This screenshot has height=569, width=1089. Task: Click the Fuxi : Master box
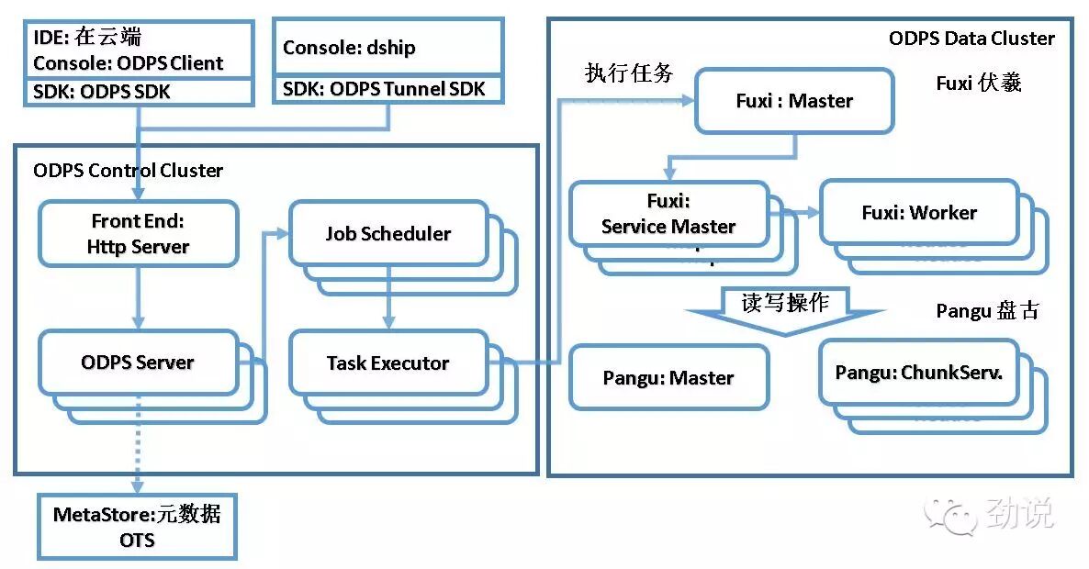pos(794,101)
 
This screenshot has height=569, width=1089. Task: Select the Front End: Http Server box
pos(138,234)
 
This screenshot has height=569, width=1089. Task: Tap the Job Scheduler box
pos(387,234)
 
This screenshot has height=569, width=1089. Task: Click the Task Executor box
pos(387,363)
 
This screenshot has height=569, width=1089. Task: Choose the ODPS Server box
pos(138,363)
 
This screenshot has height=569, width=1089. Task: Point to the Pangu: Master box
pos(668,377)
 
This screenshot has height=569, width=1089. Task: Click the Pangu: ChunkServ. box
pos(919,373)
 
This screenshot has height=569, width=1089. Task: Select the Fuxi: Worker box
pos(919,213)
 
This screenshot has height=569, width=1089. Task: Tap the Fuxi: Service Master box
pos(668,215)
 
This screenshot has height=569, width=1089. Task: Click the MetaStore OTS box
pos(137,527)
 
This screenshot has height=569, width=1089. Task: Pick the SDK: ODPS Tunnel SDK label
pos(389,89)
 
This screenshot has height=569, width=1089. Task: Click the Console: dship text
pos(349,48)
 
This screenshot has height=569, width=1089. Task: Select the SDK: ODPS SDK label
pos(102,92)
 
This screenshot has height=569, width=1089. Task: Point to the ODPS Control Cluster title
pos(128,171)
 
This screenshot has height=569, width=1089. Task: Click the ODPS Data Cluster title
pos(971,39)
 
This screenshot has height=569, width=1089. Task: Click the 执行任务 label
pos(629,73)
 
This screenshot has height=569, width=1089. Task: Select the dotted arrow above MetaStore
pos(138,444)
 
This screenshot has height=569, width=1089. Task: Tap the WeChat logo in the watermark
pos(950,515)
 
